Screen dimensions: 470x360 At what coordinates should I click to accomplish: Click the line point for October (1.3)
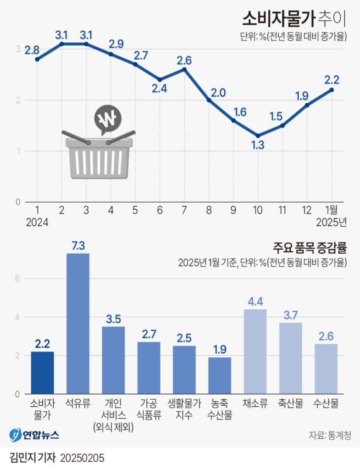pos(258,136)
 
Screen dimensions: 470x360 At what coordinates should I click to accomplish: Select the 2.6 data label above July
pos(185,60)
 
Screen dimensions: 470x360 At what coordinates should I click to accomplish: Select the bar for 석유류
pos(78,324)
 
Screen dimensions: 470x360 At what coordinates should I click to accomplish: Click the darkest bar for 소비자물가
pos(42,373)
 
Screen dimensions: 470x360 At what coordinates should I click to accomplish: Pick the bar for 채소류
pos(255,352)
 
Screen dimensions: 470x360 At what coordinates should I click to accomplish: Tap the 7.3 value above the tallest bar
pos(78,245)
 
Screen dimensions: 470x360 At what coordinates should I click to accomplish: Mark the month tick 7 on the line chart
pos(184,210)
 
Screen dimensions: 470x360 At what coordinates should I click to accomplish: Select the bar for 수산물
pos(326,369)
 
